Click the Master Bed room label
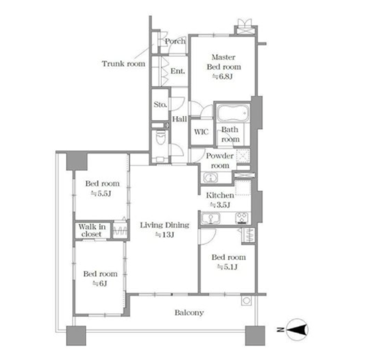(x=223, y=62)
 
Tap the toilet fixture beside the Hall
(x=160, y=138)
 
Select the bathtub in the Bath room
(x=233, y=113)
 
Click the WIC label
(x=201, y=132)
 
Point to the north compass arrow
(x=297, y=330)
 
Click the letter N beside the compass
(x=280, y=330)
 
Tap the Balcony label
(x=189, y=312)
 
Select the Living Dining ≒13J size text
(x=164, y=235)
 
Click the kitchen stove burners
(x=242, y=218)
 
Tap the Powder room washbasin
(x=210, y=178)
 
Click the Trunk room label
(x=123, y=64)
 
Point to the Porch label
(x=175, y=41)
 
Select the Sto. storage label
(x=160, y=104)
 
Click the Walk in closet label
(x=92, y=230)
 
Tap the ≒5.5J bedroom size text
(x=101, y=194)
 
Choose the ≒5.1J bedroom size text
(x=227, y=267)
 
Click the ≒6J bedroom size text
(x=100, y=284)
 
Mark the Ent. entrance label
(x=178, y=71)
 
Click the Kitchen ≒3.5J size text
(x=220, y=205)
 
